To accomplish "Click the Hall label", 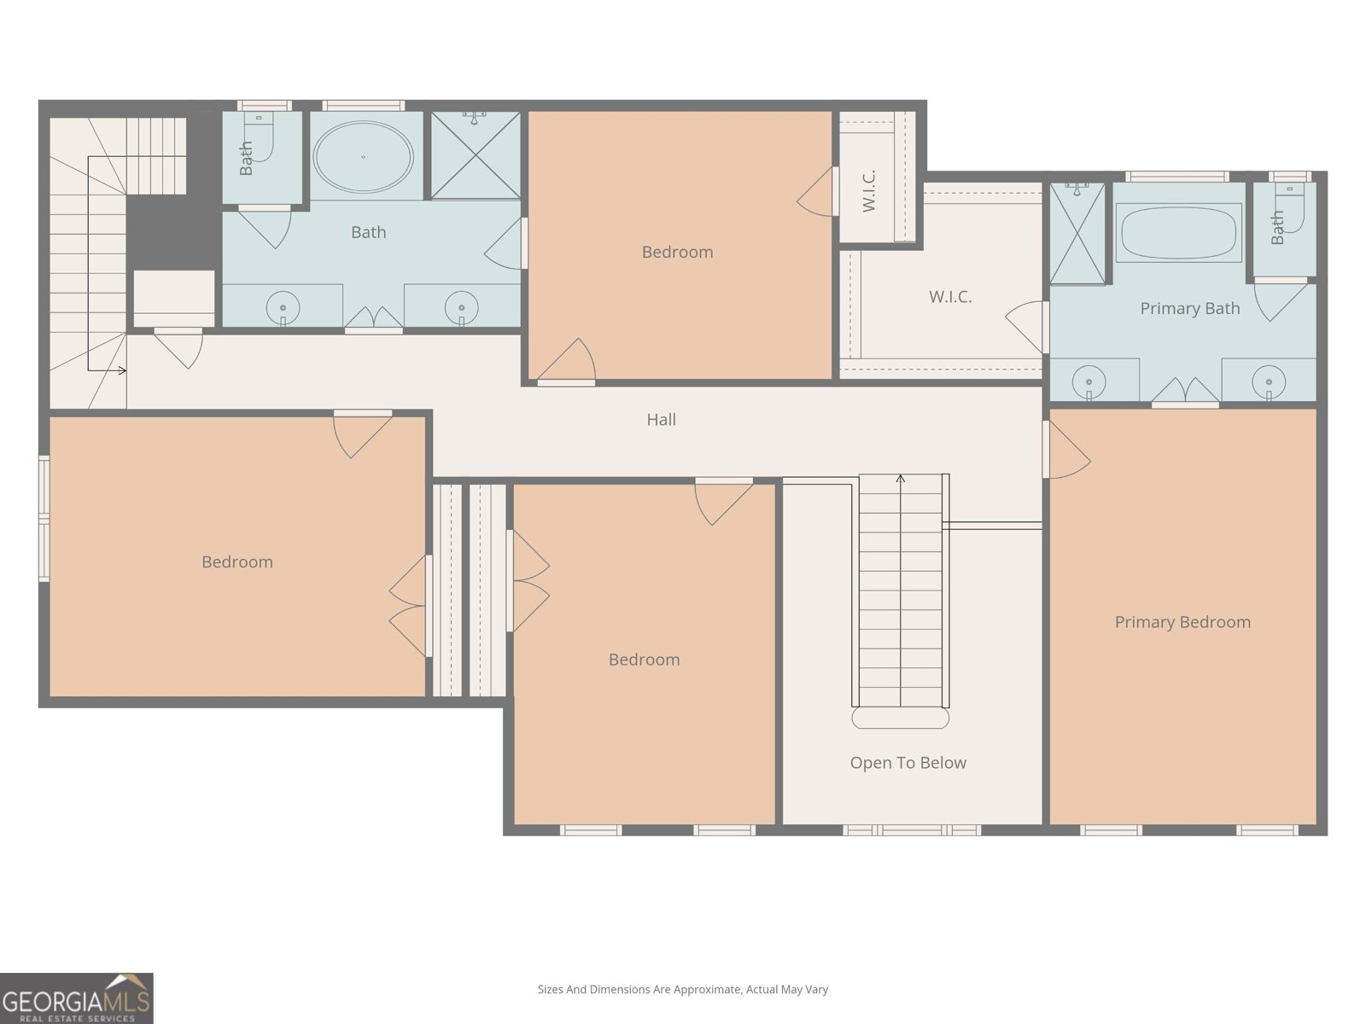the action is (x=661, y=420).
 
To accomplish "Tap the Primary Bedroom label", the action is (x=1182, y=622).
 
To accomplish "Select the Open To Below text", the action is (x=908, y=763).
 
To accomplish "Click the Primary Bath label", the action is (x=1190, y=308).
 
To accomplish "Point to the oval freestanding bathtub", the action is (x=363, y=157).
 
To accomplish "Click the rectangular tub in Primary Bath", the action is (x=1179, y=232).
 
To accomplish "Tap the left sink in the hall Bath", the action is (x=283, y=307).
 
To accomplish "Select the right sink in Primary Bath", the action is (x=1269, y=381).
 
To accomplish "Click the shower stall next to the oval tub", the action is (x=476, y=155).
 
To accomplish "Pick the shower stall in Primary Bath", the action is (x=1078, y=233).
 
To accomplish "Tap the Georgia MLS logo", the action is (x=77, y=998).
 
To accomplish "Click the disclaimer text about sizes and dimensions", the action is (x=683, y=989).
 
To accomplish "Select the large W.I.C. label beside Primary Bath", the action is (x=950, y=297).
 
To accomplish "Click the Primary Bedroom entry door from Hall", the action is (x=1066, y=450).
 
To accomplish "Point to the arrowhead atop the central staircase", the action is (x=900, y=478).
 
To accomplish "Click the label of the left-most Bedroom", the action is (x=237, y=562).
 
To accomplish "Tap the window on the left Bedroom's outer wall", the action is (x=44, y=519).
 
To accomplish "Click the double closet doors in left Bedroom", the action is (x=409, y=606).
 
